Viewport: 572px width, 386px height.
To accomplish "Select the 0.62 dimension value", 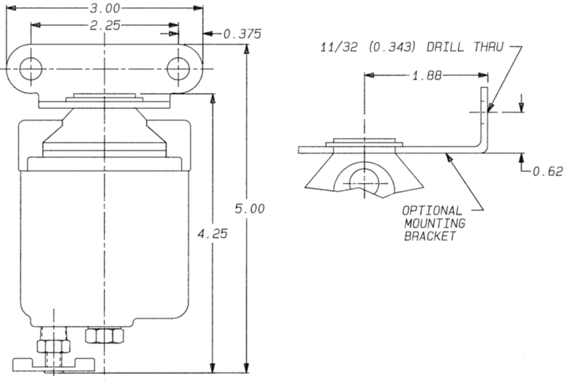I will click(x=547, y=171).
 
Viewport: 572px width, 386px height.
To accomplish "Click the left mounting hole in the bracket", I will click(x=30, y=69).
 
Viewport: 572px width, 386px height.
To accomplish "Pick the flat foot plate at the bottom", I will click(x=54, y=365).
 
